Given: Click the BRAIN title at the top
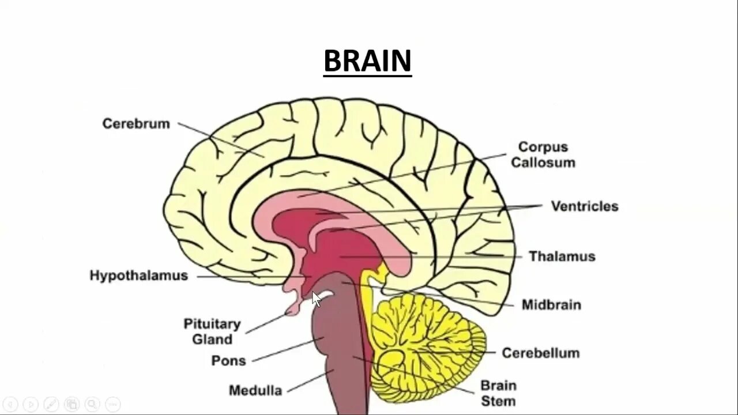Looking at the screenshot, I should point(367,61).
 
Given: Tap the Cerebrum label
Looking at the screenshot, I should point(136,124).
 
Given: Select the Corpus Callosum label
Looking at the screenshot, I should point(543,154).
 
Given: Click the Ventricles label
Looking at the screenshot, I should point(584,206).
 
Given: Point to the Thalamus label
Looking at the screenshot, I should point(562,256).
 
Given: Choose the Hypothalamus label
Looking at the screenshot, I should point(139,276).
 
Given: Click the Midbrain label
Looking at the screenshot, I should point(551,305).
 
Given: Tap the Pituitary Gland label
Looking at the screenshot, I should point(212,331).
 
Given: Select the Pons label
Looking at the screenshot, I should point(228,361).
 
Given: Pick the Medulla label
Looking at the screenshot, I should point(247,391).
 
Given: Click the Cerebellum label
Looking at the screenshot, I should point(540,353).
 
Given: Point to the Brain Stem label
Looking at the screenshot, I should point(499,393).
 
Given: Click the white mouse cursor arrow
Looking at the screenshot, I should point(316,299).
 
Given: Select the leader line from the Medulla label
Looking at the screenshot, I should point(310,381).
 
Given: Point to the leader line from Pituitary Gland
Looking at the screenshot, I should point(266,323).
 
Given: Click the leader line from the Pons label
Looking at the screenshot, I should point(285,350).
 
